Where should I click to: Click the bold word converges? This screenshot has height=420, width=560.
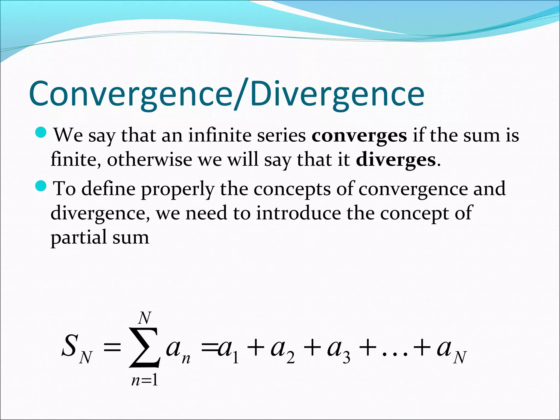click(359, 135)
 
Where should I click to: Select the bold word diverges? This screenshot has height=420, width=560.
click(396, 160)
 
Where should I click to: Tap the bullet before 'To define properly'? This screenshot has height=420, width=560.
click(42, 186)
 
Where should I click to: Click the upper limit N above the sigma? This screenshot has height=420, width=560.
click(145, 318)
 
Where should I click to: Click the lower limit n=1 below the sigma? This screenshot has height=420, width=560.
click(145, 380)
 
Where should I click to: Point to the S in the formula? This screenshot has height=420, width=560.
click(69, 346)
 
